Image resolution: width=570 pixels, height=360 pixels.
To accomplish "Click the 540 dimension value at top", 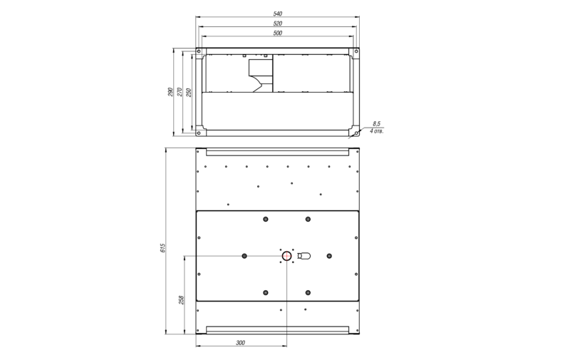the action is [277, 14].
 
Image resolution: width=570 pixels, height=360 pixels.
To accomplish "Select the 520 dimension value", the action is [277, 24].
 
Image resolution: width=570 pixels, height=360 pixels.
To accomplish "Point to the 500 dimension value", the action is [277, 33].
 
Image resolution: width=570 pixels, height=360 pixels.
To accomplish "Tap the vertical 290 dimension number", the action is [170, 92].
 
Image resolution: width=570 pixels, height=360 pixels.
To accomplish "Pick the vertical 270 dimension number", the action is [180, 92].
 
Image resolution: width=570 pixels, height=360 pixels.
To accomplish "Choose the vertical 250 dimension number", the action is [189, 92].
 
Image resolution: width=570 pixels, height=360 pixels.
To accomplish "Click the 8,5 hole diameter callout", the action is [376, 124].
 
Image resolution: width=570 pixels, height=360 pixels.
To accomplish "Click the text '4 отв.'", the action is [376, 131].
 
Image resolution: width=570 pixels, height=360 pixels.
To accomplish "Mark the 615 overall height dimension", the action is [163, 248].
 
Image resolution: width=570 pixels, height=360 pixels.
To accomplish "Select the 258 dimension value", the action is [182, 300].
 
